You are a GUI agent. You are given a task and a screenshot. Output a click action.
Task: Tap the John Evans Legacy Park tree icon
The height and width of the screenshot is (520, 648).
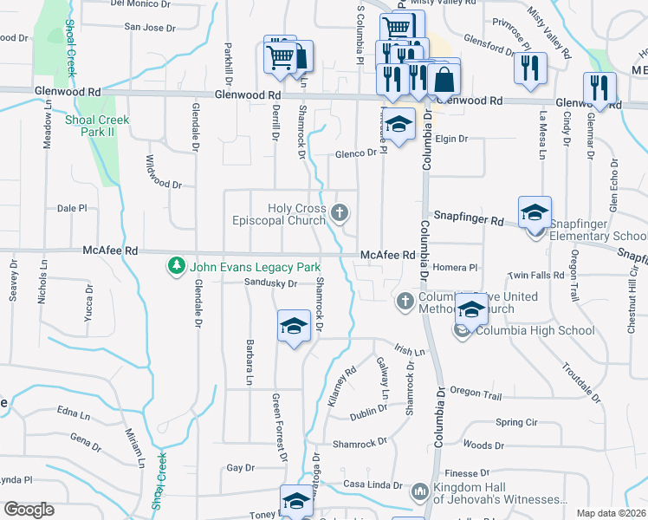176,265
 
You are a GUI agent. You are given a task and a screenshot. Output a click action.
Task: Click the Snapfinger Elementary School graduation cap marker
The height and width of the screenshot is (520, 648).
535,212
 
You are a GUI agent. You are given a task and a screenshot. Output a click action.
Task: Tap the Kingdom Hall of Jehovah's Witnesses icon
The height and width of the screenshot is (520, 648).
420,491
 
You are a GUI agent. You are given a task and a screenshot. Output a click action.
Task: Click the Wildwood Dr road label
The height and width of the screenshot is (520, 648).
163,185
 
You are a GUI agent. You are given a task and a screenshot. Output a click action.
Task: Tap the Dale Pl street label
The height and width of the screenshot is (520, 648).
73,209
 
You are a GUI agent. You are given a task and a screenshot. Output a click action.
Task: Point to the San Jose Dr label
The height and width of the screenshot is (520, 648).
150,28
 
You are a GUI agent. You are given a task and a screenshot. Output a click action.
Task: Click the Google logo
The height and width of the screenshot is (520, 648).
29,510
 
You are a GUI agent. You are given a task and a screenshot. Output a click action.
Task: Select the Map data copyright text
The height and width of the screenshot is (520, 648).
610,513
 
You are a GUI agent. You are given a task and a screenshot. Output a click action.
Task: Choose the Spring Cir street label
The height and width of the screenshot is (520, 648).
517,422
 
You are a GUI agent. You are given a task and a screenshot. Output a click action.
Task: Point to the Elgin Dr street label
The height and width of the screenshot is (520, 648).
450,139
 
